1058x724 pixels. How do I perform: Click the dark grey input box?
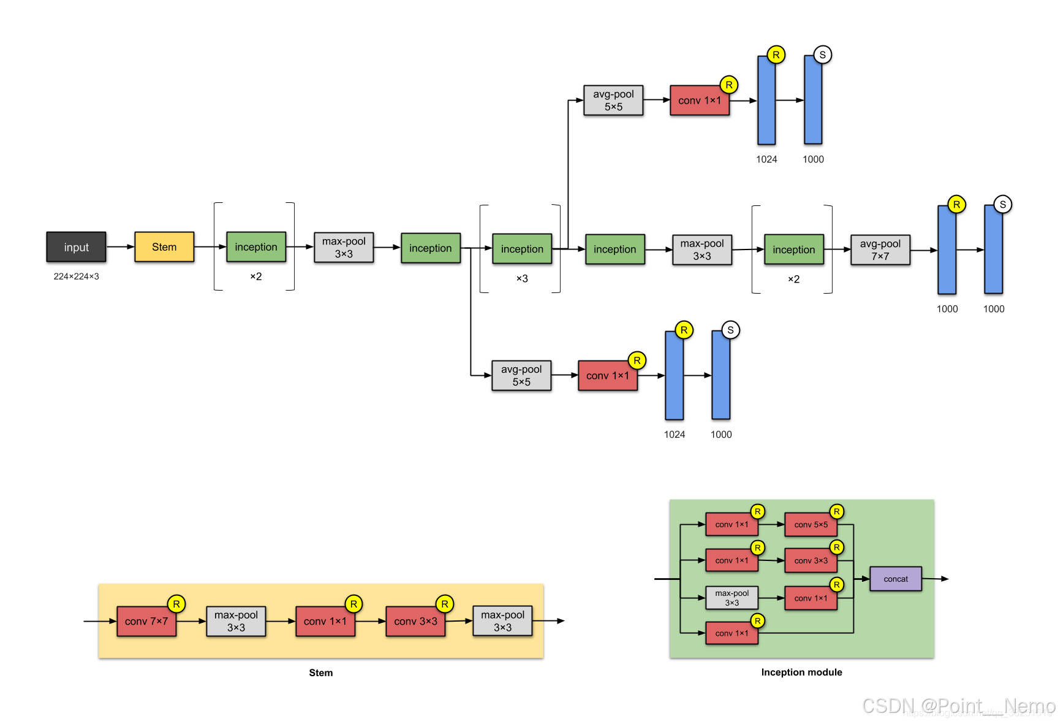[76, 247]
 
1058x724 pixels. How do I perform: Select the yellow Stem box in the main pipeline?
[164, 247]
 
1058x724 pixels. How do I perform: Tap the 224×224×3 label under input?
[76, 276]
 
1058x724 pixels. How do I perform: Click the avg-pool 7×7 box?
[880, 250]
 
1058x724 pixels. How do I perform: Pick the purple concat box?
[895, 579]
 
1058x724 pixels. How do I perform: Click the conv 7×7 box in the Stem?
[146, 622]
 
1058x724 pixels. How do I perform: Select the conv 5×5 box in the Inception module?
[811, 525]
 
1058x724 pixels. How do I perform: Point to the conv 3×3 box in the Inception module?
[811, 561]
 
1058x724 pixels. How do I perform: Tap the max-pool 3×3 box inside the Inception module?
[731, 598]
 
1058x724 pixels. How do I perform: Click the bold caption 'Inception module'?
[801, 673]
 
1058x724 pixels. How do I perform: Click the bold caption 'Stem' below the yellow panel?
[320, 673]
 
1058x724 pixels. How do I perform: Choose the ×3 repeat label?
[522, 279]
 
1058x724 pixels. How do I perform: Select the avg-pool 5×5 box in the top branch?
[613, 101]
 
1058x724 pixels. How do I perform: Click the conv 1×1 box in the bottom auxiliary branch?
[608, 376]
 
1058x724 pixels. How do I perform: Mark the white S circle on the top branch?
[822, 55]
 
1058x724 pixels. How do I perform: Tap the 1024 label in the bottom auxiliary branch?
[674, 435]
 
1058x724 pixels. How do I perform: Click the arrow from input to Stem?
[120, 247]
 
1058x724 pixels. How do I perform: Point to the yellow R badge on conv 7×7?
[176, 604]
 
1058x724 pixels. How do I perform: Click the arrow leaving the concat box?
[935, 579]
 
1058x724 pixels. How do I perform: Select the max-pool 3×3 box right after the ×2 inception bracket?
[344, 248]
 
